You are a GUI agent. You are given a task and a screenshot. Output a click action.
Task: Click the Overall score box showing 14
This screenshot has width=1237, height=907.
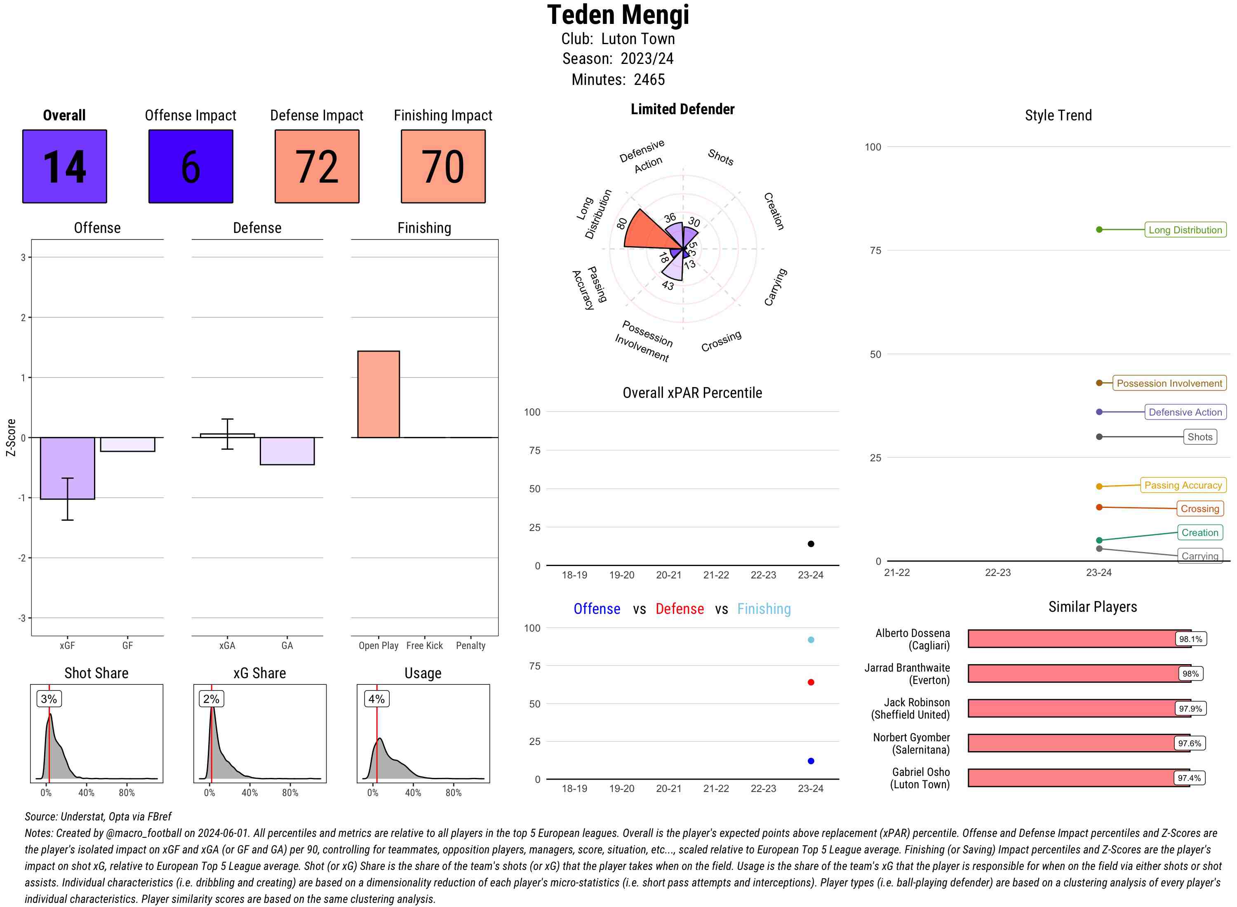pyautogui.click(x=64, y=167)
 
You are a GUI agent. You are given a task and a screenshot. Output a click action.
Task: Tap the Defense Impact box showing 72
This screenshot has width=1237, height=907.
pyautogui.click(x=317, y=167)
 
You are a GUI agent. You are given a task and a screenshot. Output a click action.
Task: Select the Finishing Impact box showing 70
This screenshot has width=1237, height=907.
pyautogui.click(x=443, y=167)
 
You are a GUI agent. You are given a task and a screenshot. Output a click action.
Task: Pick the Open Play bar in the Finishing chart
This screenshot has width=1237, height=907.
pyautogui.click(x=378, y=394)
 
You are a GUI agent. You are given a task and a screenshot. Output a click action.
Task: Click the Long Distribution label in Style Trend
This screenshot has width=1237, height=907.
pyautogui.click(x=1185, y=230)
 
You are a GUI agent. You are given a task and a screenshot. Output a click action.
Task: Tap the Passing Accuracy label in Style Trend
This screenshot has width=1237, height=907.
pyautogui.click(x=1183, y=485)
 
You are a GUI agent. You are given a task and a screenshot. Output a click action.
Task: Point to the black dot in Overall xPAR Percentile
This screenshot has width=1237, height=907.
pyautogui.click(x=810, y=543)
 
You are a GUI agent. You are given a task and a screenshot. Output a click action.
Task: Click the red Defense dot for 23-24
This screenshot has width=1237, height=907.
pyautogui.click(x=810, y=682)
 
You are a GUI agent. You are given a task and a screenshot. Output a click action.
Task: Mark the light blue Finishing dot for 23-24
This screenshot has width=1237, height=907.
pyautogui.click(x=810, y=639)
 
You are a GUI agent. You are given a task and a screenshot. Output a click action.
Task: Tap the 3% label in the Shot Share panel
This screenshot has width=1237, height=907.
pyautogui.click(x=49, y=699)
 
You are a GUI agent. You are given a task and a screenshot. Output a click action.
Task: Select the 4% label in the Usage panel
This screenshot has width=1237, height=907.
pyautogui.click(x=376, y=699)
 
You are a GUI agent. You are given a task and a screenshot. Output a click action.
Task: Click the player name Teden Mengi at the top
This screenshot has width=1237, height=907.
pyautogui.click(x=618, y=15)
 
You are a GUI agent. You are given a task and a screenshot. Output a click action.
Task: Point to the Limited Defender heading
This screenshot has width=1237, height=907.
pyautogui.click(x=682, y=109)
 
